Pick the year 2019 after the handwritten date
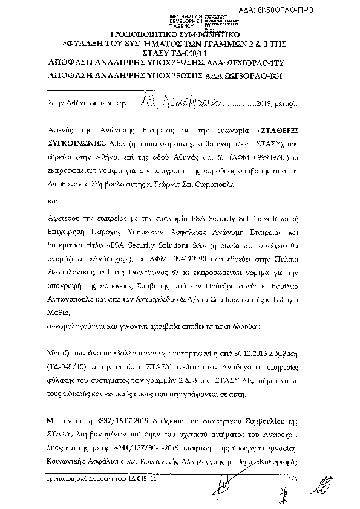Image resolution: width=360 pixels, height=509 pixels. click(x=266, y=103)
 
